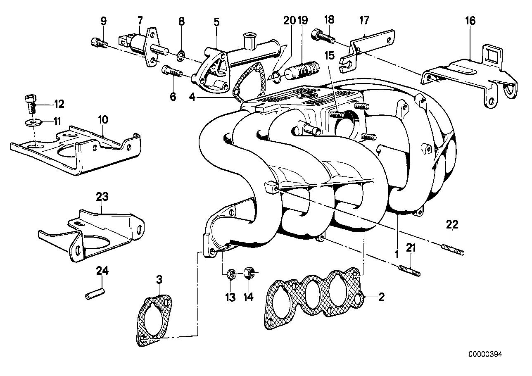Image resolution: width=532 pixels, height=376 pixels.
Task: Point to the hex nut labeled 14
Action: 248,273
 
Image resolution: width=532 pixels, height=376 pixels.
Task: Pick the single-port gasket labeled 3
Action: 153,319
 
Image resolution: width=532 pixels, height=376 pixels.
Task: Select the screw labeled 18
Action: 323,36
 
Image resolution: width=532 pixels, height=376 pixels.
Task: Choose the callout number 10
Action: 103,120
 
